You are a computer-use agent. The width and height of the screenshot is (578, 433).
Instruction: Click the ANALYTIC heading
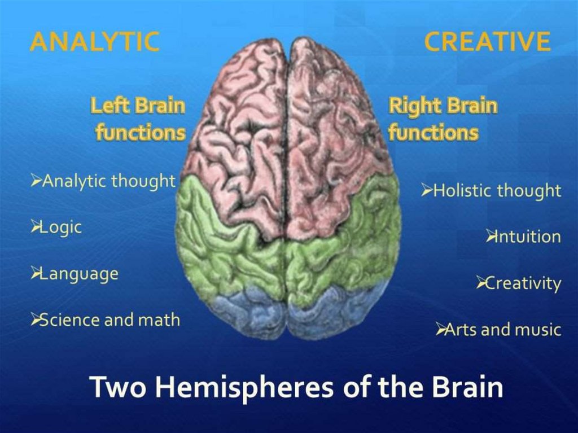pos(94,42)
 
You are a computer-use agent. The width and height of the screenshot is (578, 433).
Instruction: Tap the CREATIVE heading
pos(487,42)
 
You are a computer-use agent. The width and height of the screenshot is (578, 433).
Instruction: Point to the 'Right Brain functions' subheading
pos(443,119)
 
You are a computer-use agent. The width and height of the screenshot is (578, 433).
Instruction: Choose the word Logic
pos(62,228)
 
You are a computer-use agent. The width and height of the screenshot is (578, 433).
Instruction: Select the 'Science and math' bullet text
pos(111,320)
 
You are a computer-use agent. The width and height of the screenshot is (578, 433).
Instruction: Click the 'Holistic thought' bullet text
pos(497,191)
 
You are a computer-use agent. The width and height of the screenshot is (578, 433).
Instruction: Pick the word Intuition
pos(527,237)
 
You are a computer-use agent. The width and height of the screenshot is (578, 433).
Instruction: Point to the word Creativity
pos(523,283)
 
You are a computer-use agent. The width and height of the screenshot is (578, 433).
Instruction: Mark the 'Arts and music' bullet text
pos(503,329)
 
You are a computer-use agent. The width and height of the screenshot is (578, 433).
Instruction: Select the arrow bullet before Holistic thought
pos(427,191)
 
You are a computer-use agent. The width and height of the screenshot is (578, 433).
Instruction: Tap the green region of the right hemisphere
pos(344,248)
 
